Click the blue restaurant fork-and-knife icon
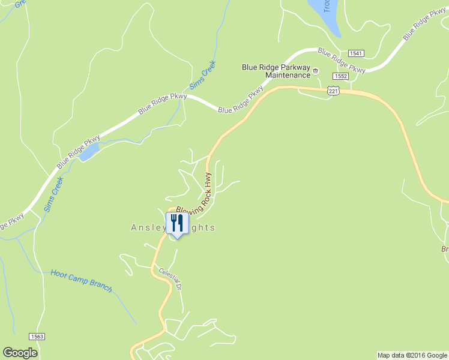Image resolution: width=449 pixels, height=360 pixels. pyautogui.click(x=176, y=223)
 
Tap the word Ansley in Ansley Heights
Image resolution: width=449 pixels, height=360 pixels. pyautogui.click(x=147, y=228)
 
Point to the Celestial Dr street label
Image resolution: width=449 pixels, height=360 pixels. pyautogui.click(x=170, y=279)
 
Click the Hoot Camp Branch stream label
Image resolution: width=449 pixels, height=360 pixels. pyautogui.click(x=81, y=280)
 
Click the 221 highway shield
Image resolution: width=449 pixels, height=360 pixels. pyautogui.click(x=334, y=90)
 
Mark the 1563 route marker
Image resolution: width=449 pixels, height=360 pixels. pyautogui.click(x=37, y=337)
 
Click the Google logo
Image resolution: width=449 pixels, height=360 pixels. pyautogui.click(x=20, y=353)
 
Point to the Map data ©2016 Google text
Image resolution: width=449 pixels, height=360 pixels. pyautogui.click(x=412, y=355)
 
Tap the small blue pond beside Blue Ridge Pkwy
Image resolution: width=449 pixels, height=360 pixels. pyautogui.click(x=88, y=154)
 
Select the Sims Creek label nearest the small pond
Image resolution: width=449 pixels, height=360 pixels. pyautogui.click(x=53, y=193)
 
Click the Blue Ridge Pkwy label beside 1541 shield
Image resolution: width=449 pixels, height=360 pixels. pyautogui.click(x=342, y=61)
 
